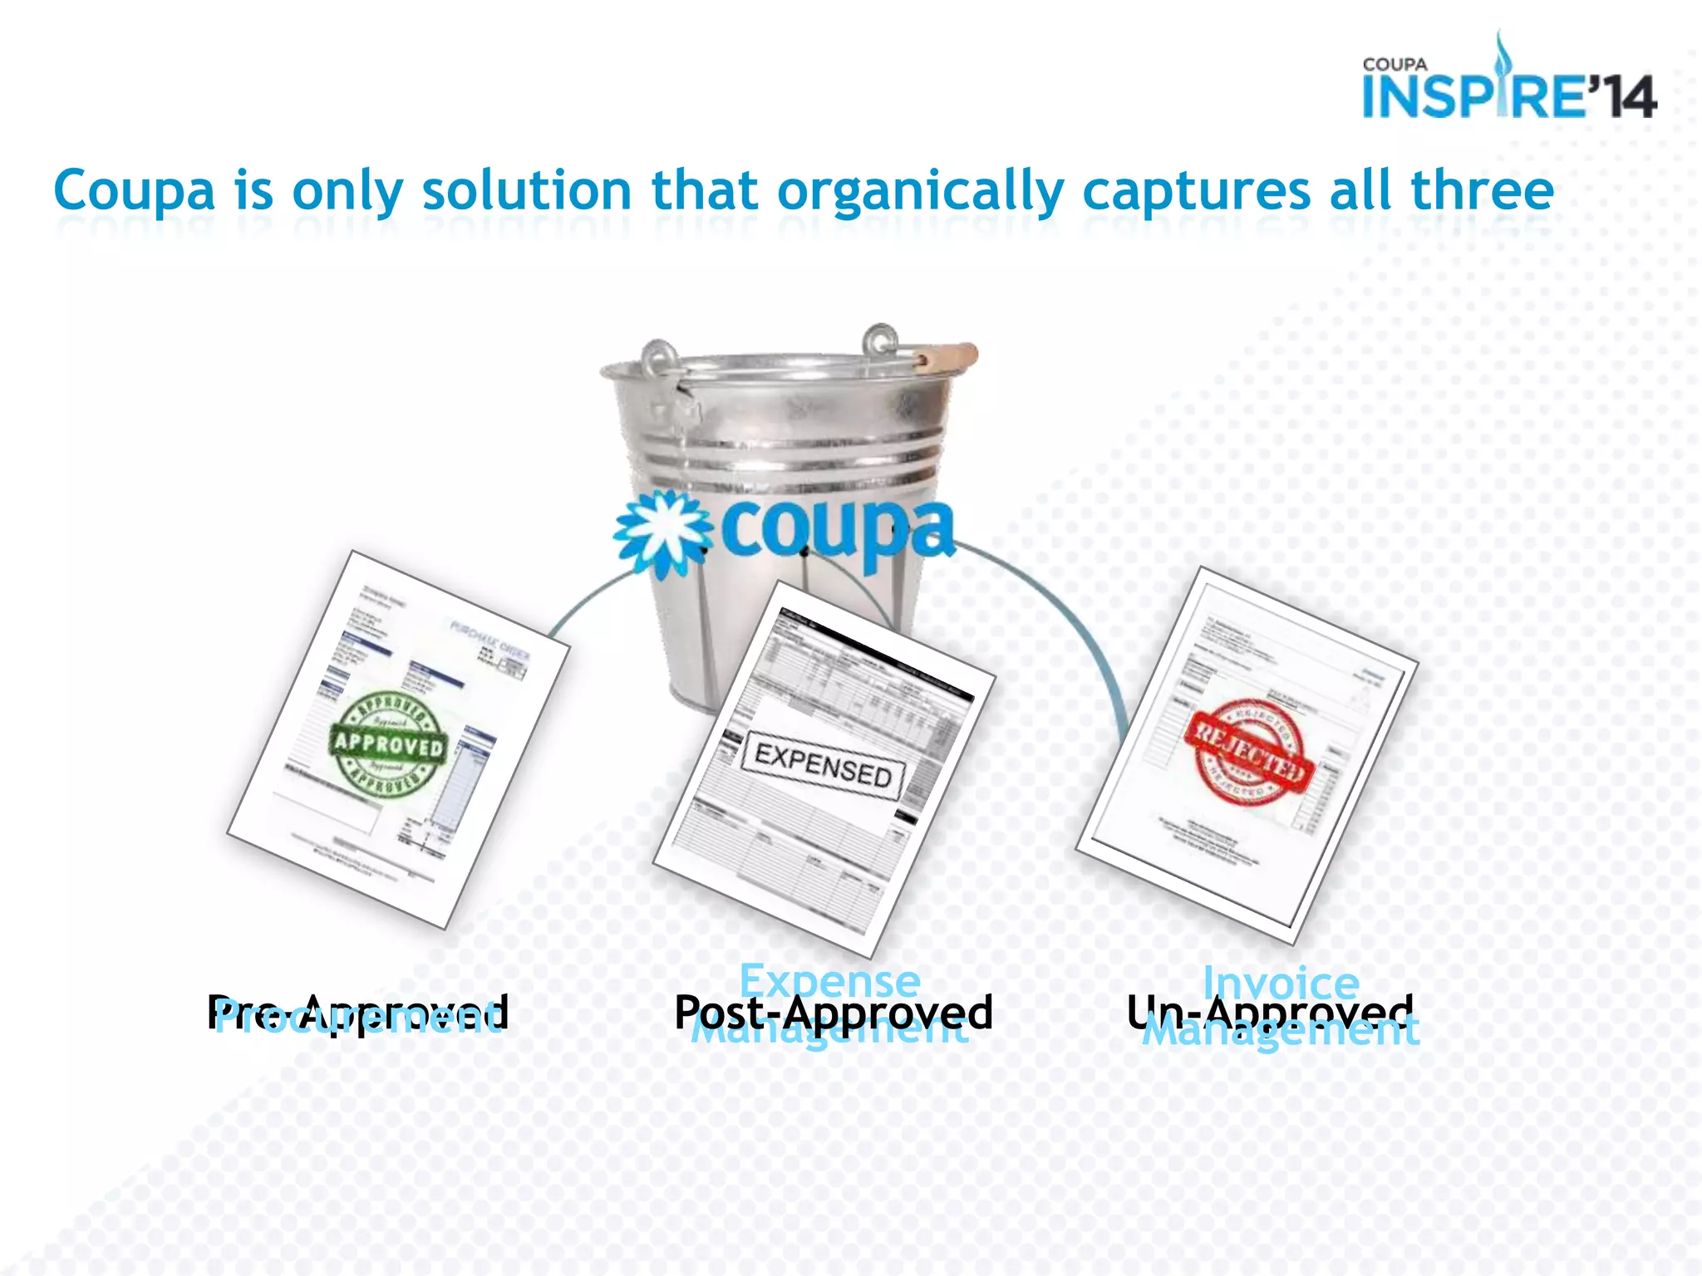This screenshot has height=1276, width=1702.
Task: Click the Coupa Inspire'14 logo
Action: (x=1508, y=83)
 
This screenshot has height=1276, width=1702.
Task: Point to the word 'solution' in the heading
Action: (x=527, y=190)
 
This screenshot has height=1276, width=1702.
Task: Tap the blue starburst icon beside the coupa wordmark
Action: (x=663, y=532)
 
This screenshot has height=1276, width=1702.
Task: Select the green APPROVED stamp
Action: (x=389, y=743)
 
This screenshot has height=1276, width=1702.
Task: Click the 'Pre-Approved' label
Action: (x=357, y=1012)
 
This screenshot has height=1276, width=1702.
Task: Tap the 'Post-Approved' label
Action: (x=834, y=1011)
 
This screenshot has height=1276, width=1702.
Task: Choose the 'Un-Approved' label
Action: (x=1270, y=1011)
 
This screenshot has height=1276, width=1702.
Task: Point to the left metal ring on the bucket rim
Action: (x=658, y=357)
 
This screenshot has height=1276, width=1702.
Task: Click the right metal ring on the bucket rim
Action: (x=879, y=341)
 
